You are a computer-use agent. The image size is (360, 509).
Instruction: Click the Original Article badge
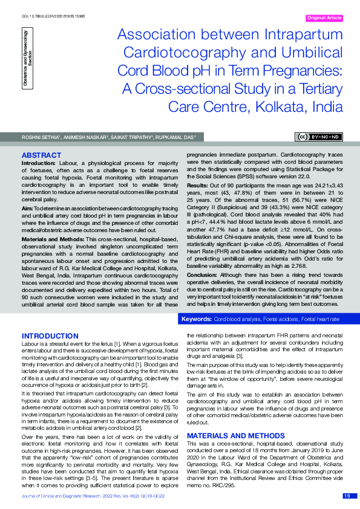click(x=325, y=18)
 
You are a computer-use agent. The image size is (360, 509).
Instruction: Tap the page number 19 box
click(x=347, y=496)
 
